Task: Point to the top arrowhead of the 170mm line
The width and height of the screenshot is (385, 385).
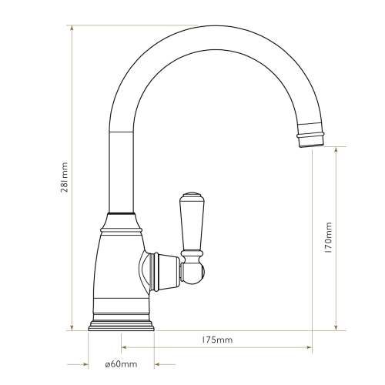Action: coord(336,148)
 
